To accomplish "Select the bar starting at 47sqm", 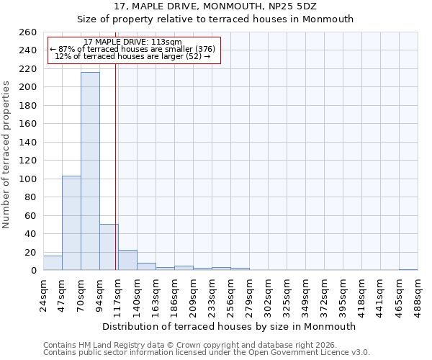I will [x=71, y=223].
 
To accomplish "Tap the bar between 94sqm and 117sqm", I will [x=109, y=247].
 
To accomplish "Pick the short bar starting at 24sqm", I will [x=53, y=263].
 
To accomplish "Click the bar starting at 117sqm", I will [x=127, y=260].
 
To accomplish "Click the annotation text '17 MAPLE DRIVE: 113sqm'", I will [x=132, y=42].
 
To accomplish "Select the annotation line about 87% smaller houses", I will [x=132, y=49].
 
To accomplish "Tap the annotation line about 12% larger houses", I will [x=132, y=56].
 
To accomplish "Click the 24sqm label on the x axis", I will [x=43, y=292].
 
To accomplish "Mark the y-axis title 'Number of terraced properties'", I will [x=6, y=154].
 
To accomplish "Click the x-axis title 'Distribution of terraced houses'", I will [x=230, y=326].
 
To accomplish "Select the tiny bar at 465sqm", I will [x=408, y=269].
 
